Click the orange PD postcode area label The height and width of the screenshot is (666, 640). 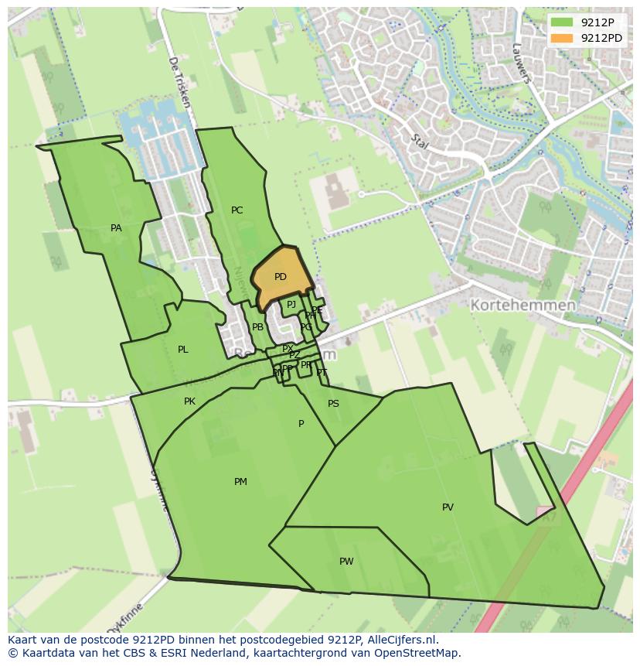[281, 277]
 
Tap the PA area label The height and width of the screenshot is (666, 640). [116, 228]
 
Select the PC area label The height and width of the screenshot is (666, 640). [237, 210]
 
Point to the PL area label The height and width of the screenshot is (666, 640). [183, 350]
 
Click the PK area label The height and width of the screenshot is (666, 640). [190, 401]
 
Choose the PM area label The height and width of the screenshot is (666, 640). [240, 482]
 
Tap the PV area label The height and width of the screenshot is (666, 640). [448, 507]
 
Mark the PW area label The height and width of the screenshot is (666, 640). [346, 562]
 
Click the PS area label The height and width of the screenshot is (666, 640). [333, 404]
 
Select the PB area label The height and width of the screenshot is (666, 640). [257, 327]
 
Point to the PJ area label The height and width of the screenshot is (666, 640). [291, 305]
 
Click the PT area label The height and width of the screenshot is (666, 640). [322, 373]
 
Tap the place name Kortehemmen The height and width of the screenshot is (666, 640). [523, 306]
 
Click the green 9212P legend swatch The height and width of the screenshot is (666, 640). [562, 22]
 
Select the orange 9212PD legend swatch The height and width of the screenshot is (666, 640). [562, 38]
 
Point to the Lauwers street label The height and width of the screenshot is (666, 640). [522, 62]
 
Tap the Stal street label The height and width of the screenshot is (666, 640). [420, 142]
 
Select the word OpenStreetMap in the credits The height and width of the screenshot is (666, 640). [417, 653]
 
